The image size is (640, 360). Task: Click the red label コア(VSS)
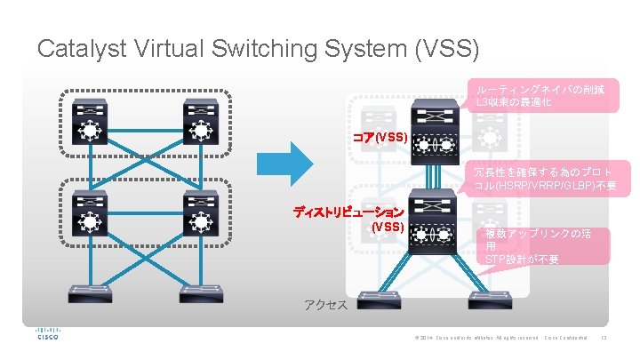(x=380, y=138)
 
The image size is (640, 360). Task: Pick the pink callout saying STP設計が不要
(x=545, y=246)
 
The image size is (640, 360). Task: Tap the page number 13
(x=604, y=338)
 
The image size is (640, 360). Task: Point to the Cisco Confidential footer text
(x=566, y=338)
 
